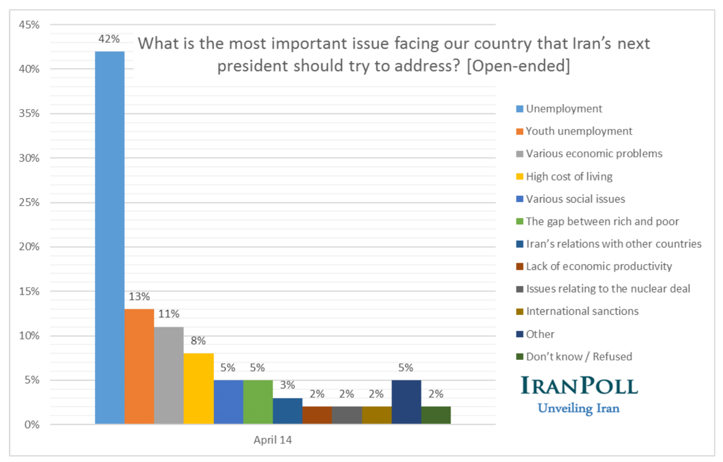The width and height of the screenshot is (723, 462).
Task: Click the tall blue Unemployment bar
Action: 110,237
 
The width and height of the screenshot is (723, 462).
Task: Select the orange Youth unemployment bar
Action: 139,366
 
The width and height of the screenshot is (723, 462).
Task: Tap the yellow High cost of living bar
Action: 199,388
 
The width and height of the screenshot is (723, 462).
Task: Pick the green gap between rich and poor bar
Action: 258,401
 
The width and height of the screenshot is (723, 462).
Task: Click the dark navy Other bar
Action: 406,401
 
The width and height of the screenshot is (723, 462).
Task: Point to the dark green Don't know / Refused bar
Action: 436,415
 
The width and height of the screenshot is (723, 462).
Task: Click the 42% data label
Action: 109,39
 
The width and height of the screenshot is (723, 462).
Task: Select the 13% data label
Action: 139,297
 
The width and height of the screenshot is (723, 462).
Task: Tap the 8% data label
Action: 198,341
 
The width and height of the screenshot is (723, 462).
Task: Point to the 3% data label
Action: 288,385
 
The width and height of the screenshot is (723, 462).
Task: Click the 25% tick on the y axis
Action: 29,202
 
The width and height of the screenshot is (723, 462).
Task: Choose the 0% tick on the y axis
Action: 32,424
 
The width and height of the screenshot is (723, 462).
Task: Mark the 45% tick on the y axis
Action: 29,25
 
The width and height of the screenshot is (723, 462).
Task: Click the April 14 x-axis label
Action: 273,440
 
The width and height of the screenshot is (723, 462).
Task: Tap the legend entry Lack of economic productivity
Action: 599,266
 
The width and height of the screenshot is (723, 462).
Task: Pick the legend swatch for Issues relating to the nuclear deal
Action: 520,289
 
